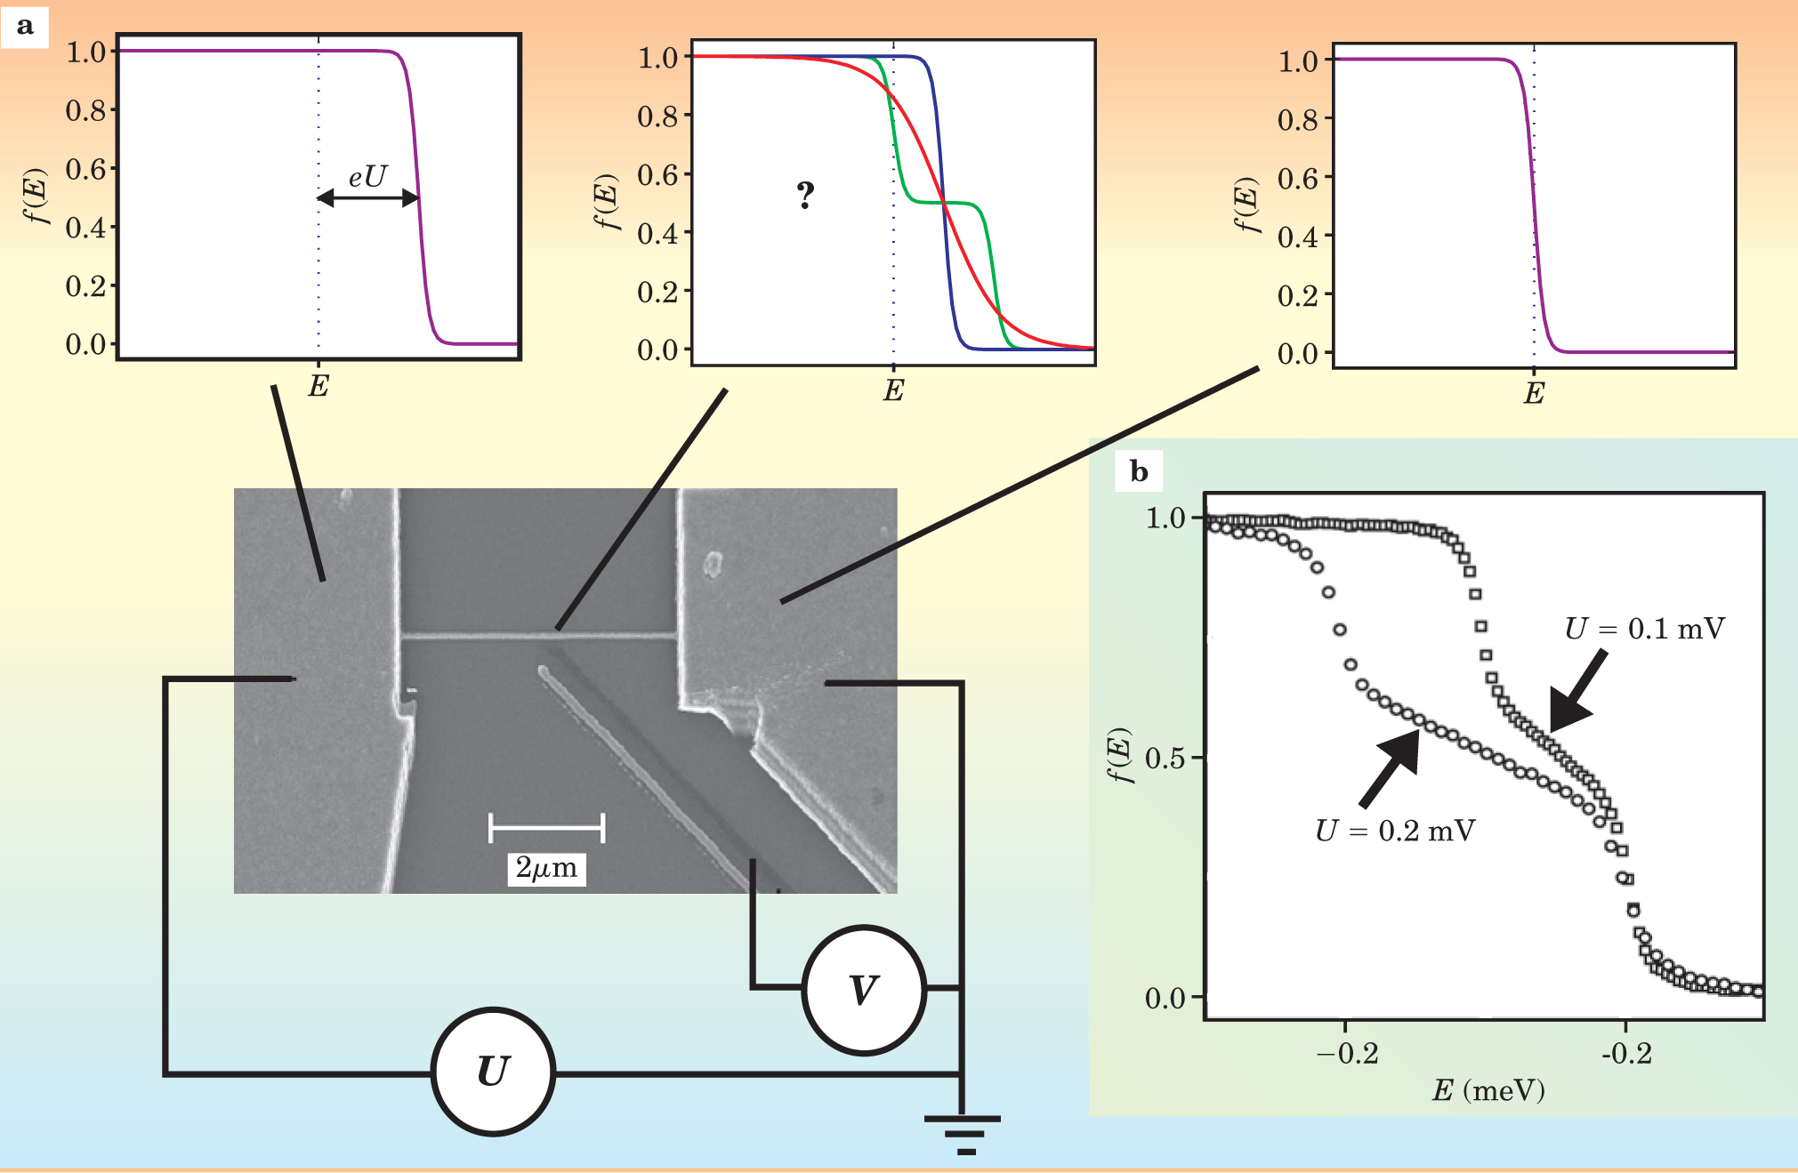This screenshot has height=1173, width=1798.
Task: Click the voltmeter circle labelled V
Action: (864, 990)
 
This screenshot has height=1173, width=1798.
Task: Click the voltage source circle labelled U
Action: (493, 1071)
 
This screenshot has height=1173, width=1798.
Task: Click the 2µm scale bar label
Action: (546, 867)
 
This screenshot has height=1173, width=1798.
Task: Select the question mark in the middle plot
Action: (805, 195)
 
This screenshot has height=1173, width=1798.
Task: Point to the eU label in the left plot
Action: (367, 177)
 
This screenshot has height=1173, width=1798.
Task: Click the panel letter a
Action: (25, 26)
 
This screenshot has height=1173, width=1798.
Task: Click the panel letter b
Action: (1139, 470)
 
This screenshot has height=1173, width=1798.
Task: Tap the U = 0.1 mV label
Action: (1644, 629)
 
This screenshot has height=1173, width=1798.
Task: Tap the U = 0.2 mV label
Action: (1395, 831)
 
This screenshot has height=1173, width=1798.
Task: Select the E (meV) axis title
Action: (1488, 1089)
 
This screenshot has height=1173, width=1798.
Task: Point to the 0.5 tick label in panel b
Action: (1165, 758)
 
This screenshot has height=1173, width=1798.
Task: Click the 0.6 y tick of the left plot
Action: (85, 169)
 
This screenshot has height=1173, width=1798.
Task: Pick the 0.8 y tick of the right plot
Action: (1298, 119)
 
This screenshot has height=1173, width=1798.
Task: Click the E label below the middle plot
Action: (893, 390)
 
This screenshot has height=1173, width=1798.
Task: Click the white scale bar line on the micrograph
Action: (546, 827)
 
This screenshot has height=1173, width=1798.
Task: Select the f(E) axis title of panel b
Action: (1120, 756)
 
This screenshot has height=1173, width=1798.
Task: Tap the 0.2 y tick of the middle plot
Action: (657, 292)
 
